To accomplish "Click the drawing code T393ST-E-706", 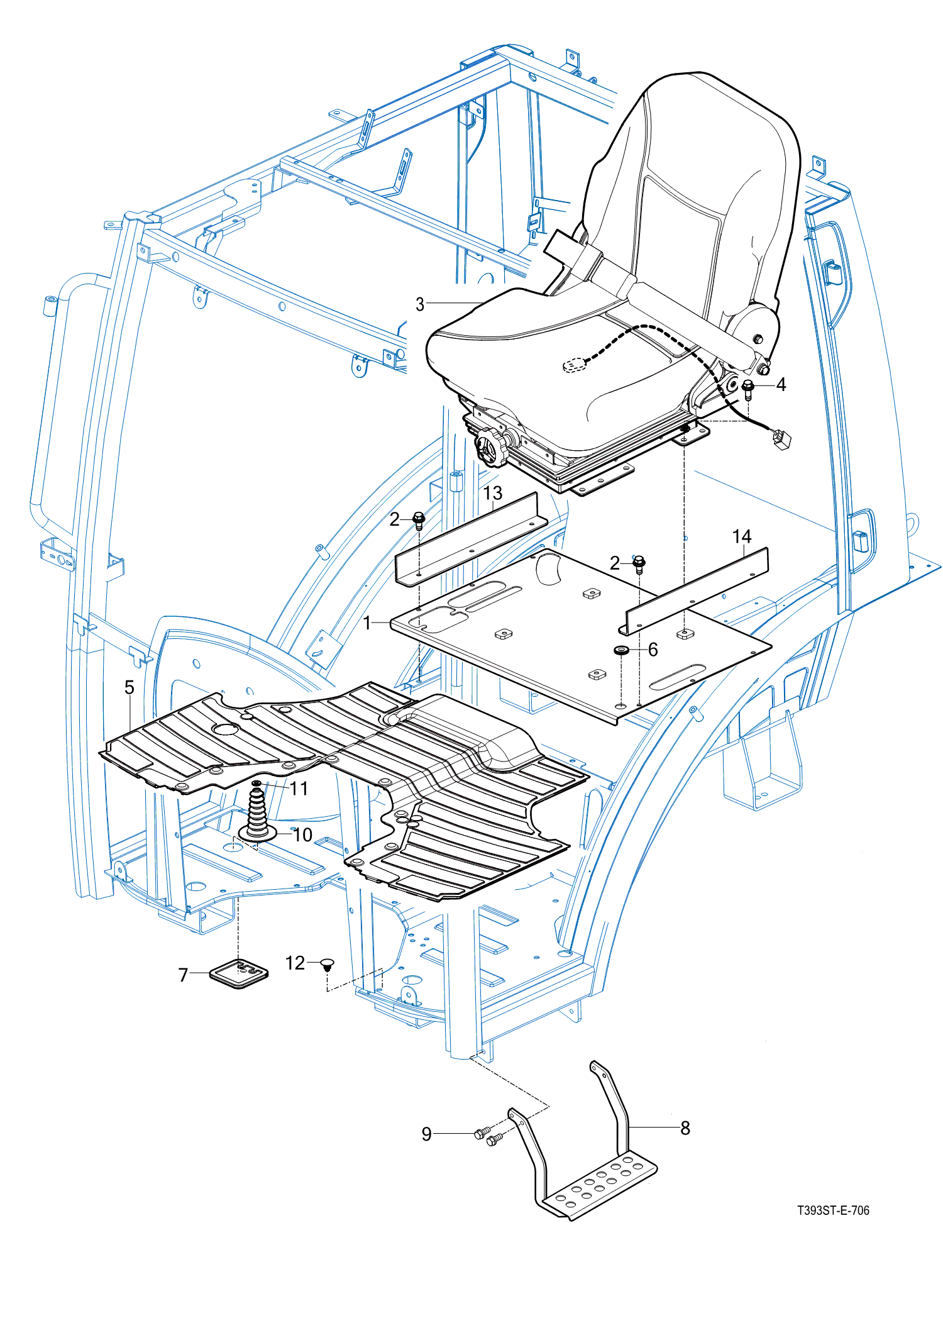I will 833,1210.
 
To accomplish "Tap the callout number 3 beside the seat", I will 420,304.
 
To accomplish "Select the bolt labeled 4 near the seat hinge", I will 747,388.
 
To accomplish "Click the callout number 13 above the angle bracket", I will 493,493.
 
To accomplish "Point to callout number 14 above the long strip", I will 742,536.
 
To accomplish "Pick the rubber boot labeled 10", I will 258,817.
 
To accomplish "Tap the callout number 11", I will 299,789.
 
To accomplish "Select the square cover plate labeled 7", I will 239,973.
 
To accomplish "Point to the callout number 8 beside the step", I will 685,1128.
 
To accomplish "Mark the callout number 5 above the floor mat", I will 129,687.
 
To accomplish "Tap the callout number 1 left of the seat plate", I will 367,623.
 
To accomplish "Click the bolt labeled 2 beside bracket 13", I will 419,520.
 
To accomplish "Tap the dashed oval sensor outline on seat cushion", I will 573,365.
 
